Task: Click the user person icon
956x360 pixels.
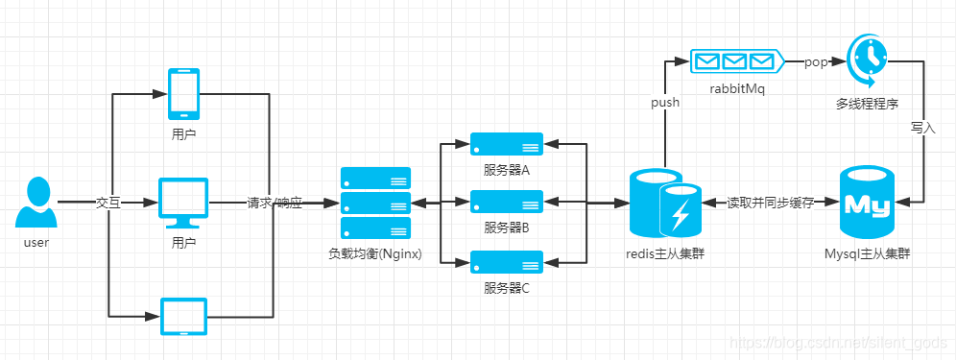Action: pyautogui.click(x=36, y=203)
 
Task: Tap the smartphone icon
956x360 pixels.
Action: pyautogui.click(x=183, y=93)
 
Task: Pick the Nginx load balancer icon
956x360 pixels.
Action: pyautogui.click(x=375, y=203)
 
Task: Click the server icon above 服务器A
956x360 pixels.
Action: pyautogui.click(x=506, y=145)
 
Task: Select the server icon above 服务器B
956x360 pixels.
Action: pyautogui.click(x=506, y=202)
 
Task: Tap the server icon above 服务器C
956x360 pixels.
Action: pyautogui.click(x=506, y=261)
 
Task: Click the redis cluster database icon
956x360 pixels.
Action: pyautogui.click(x=663, y=203)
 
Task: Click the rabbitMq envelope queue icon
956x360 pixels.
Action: pyautogui.click(x=734, y=62)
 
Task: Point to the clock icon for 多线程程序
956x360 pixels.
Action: pyautogui.click(x=868, y=57)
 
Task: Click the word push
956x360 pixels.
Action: pyautogui.click(x=665, y=102)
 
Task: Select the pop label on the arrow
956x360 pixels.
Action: pyautogui.click(x=815, y=62)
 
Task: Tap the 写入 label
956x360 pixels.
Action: pyautogui.click(x=922, y=127)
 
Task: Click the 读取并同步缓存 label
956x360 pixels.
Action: pyautogui.click(x=770, y=204)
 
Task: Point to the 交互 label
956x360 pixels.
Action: pyautogui.click(x=108, y=204)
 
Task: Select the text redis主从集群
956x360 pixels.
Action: pyautogui.click(x=663, y=253)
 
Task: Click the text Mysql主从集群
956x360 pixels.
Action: pyautogui.click(x=868, y=253)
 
